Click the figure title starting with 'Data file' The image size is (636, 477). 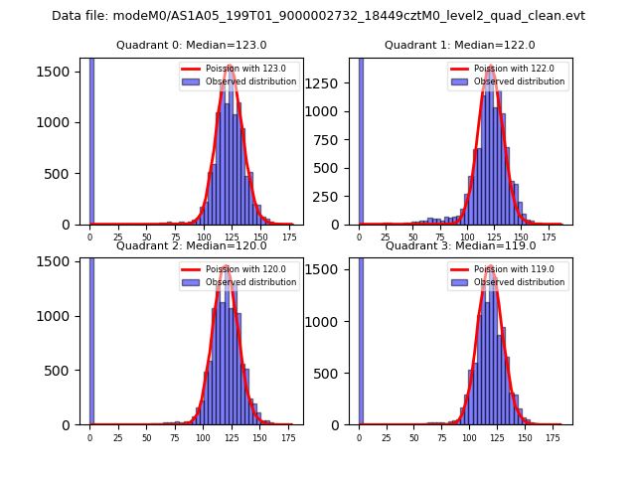pos(318,16)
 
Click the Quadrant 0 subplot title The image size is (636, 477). pos(191,45)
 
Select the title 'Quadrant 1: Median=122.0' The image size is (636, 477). pos(460,45)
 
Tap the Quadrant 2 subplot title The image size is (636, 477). pos(191,245)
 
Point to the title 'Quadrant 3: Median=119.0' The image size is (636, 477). pos(460,245)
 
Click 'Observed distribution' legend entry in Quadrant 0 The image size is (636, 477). pos(250,81)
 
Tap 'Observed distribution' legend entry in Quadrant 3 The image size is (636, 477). pos(519,282)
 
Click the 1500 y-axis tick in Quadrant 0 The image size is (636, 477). pos(61,72)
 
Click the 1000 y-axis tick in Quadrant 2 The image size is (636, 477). pos(61,316)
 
